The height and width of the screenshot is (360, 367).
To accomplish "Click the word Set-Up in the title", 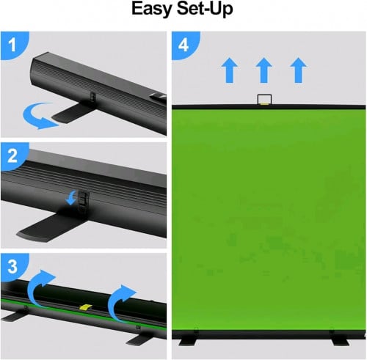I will coord(206,10).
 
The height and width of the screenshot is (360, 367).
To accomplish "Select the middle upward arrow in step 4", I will coord(264,71).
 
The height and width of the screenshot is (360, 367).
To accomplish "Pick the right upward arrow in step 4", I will coord(297,71).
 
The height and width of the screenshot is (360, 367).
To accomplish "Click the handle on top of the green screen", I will coord(263,99).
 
